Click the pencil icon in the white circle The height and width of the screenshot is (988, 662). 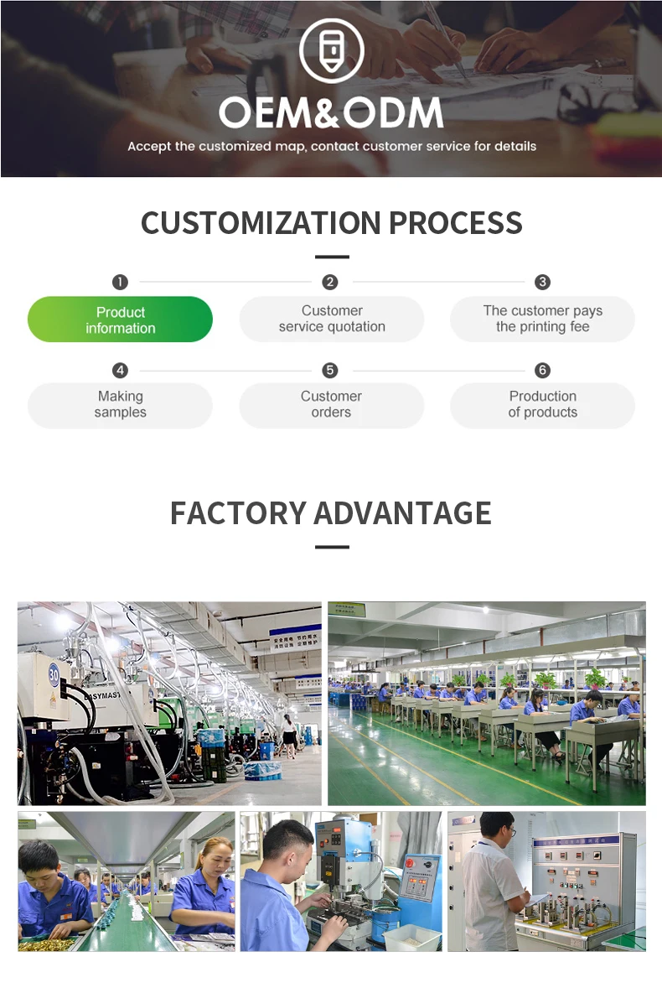pyautogui.click(x=332, y=50)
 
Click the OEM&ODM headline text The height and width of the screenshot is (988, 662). pyautogui.click(x=331, y=112)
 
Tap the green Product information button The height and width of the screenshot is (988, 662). pyautogui.click(x=120, y=320)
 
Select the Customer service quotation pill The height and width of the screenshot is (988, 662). pyautogui.click(x=332, y=319)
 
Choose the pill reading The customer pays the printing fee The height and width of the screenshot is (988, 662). pyautogui.click(x=542, y=319)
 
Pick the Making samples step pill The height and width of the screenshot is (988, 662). pyautogui.click(x=120, y=405)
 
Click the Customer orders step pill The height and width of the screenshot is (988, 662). pyautogui.click(x=332, y=405)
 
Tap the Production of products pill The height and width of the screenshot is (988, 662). pyautogui.click(x=542, y=405)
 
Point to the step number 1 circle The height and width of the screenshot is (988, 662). pyautogui.click(x=121, y=282)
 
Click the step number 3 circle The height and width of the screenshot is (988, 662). pyautogui.click(x=543, y=282)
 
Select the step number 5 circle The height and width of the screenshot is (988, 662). pyautogui.click(x=330, y=370)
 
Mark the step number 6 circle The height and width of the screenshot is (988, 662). pyautogui.click(x=542, y=370)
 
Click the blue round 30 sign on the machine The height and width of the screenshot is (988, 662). pyautogui.click(x=54, y=673)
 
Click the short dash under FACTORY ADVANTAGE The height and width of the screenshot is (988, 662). pyautogui.click(x=332, y=547)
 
